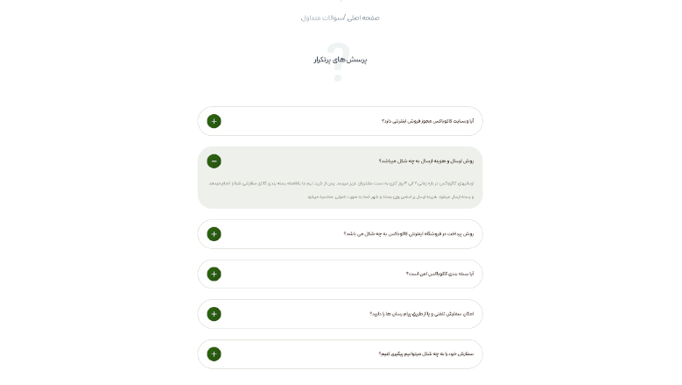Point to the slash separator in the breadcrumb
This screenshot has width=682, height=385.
(x=345, y=18)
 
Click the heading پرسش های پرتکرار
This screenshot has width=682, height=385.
(x=341, y=60)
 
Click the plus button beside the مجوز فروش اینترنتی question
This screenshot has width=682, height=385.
(x=214, y=121)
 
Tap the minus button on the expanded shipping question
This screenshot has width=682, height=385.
(x=214, y=161)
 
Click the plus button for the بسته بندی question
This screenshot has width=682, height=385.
(x=214, y=274)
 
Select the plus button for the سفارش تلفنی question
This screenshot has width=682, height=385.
(x=214, y=314)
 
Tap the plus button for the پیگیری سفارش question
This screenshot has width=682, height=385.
(x=214, y=354)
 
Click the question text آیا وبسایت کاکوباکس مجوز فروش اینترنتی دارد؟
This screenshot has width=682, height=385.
(x=427, y=121)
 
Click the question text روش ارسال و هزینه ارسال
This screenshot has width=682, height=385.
(x=425, y=161)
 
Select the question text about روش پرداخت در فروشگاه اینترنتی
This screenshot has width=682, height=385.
(x=408, y=234)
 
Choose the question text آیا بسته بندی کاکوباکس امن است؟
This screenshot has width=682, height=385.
(x=439, y=274)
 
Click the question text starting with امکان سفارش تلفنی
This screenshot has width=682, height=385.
(x=421, y=314)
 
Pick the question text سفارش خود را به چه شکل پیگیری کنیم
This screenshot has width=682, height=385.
(x=425, y=354)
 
